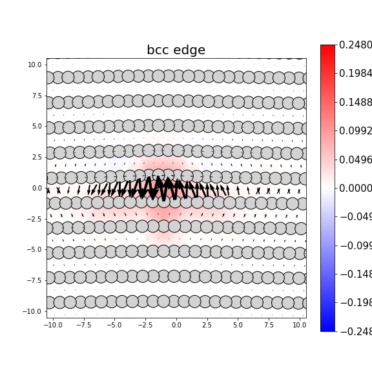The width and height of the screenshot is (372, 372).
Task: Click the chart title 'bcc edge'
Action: tap(176, 50)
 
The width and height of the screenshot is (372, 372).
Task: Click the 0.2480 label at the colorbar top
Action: tap(355, 45)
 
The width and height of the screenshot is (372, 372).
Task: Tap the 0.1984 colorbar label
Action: tap(355, 74)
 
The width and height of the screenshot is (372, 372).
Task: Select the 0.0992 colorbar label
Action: tap(355, 131)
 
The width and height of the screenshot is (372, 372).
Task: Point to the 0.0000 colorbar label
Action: tap(355, 188)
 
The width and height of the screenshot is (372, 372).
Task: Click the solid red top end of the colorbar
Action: tap(327, 48)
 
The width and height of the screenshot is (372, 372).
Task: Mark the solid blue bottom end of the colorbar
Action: tap(327, 328)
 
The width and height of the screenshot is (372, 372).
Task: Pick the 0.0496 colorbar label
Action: tap(355, 160)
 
